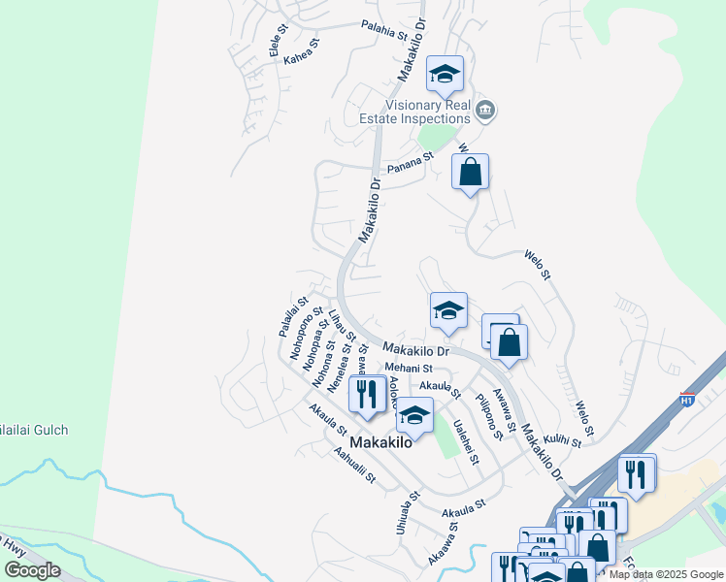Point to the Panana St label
[410, 168]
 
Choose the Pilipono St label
[488, 416]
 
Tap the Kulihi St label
[561, 441]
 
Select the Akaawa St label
[443, 546]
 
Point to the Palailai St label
[292, 316]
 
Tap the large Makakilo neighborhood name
[380, 442]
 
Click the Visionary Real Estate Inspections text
[428, 112]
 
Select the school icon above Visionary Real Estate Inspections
[445, 74]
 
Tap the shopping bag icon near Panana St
[470, 173]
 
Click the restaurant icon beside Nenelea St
[366, 393]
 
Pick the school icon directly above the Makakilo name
[414, 414]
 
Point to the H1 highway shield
[687, 399]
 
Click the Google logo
[32, 570]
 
